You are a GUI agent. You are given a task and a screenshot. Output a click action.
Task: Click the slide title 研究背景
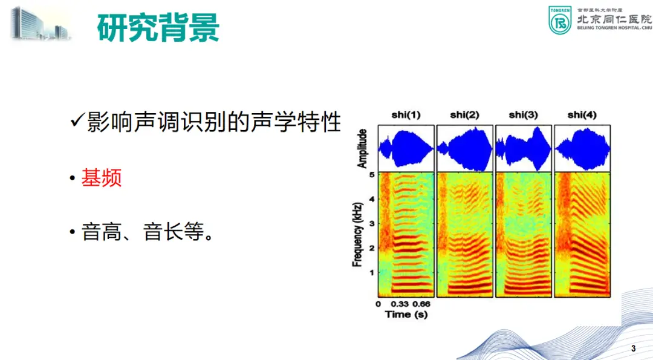click(158, 27)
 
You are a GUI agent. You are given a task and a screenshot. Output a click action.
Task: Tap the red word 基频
click(101, 178)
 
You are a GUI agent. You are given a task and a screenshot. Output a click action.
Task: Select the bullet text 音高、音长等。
click(148, 232)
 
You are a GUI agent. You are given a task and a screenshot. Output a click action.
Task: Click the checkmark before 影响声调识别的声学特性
click(78, 121)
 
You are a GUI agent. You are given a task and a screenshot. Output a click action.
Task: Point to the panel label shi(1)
click(406, 115)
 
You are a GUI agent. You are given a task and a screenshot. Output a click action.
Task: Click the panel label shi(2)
click(465, 115)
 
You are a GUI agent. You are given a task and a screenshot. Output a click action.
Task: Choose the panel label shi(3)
click(524, 115)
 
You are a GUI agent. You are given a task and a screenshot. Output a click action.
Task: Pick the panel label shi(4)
click(582, 115)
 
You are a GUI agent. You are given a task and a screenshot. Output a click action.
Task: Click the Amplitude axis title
click(362, 148)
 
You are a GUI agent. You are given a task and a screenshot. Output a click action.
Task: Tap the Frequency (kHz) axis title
click(357, 235)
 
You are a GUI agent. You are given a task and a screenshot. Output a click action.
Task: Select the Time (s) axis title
click(406, 314)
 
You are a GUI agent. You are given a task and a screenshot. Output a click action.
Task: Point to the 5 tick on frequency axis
click(372, 175)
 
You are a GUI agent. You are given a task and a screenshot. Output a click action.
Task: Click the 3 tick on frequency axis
click(372, 223)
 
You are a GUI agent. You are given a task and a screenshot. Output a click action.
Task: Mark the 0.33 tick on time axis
click(400, 304)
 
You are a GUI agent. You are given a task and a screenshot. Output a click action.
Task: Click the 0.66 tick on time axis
click(421, 304)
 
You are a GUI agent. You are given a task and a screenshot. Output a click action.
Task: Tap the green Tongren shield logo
click(560, 20)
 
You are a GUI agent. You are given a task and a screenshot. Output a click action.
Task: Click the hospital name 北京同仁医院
click(614, 19)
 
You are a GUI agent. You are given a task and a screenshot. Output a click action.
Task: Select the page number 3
click(634, 349)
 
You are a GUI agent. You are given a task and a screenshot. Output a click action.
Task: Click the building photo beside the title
click(41, 24)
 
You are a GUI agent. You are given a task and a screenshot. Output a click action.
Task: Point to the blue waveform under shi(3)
click(524, 149)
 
